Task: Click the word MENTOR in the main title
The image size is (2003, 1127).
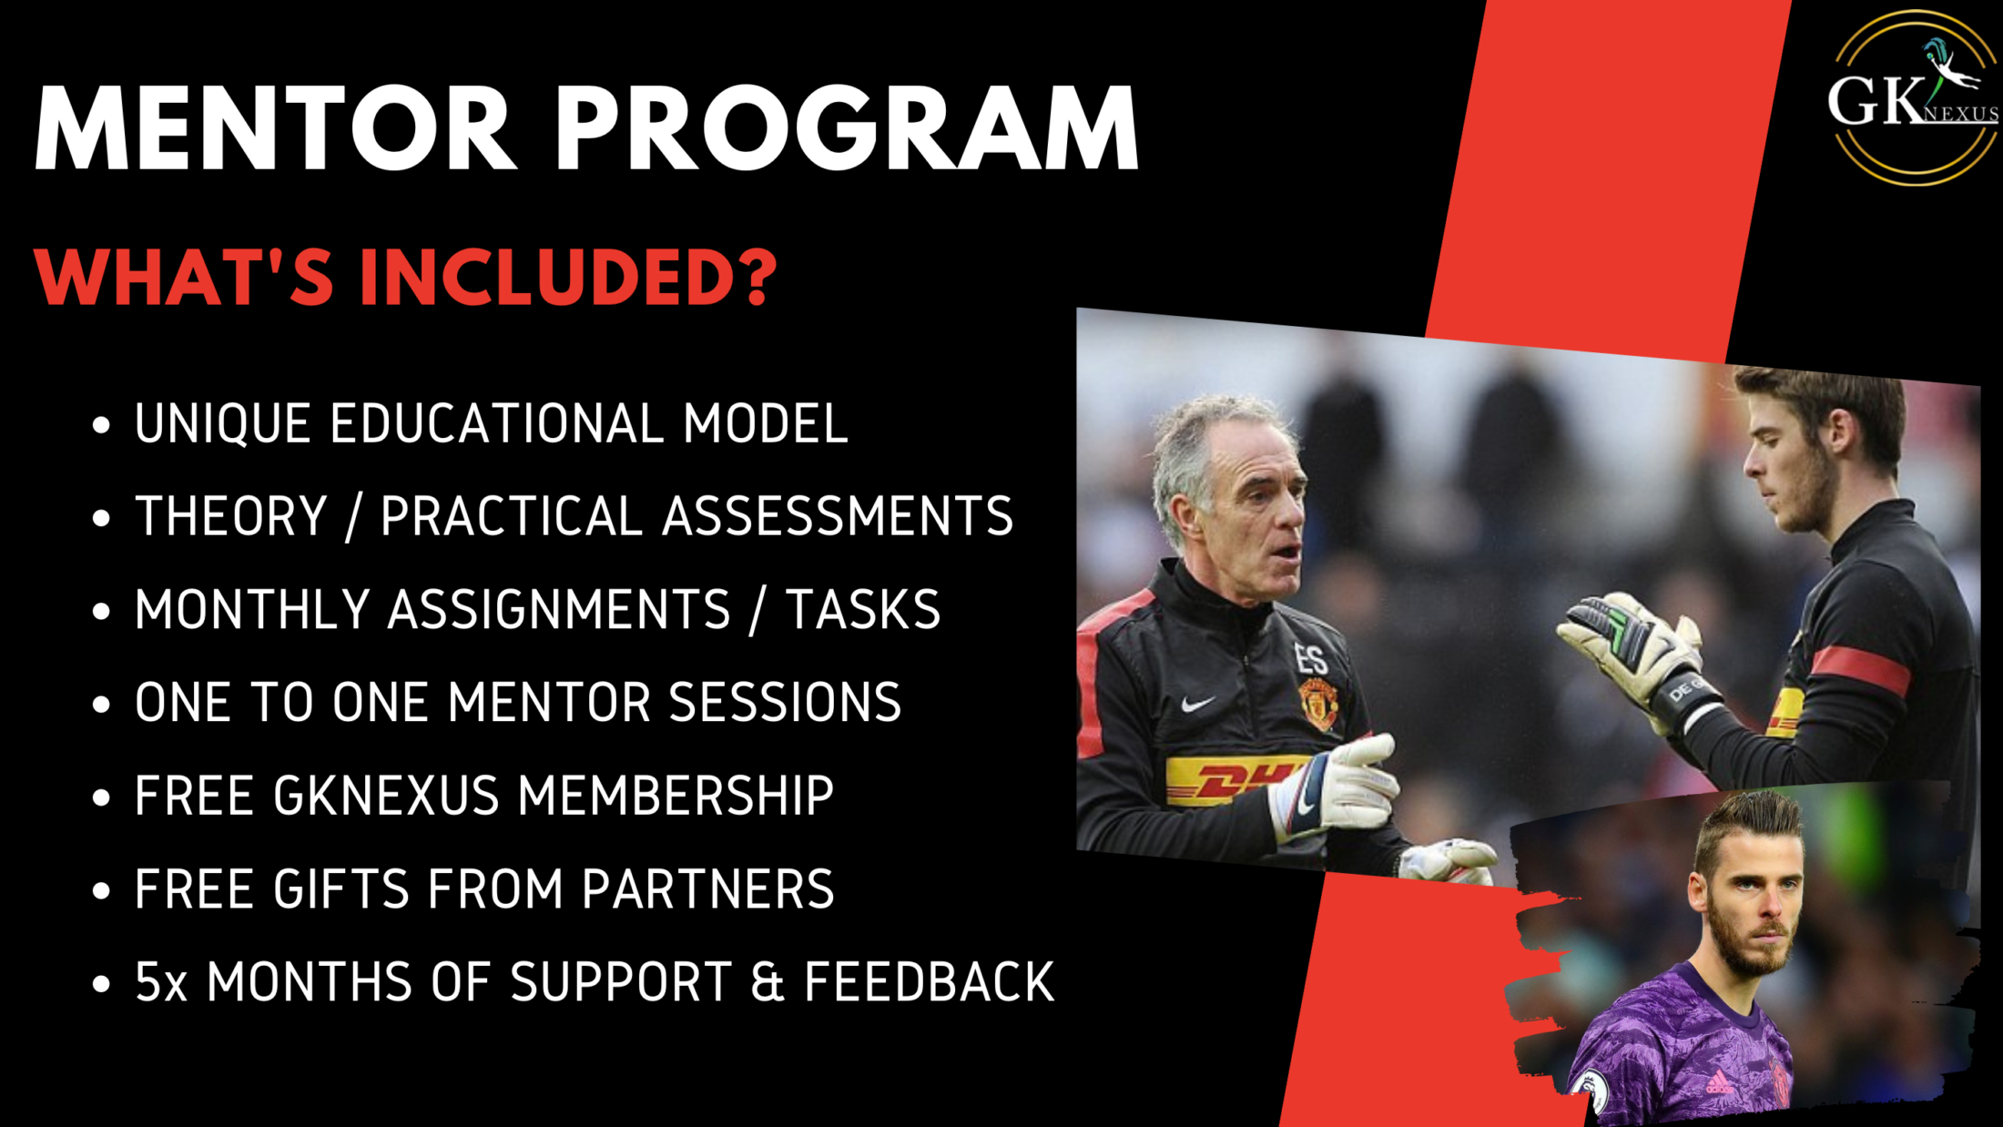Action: tap(276, 128)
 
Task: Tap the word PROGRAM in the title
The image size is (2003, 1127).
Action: tap(848, 128)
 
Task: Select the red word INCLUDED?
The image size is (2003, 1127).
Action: tap(568, 277)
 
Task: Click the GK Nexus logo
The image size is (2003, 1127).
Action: tap(1913, 97)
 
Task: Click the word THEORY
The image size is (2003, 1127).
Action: tap(231, 516)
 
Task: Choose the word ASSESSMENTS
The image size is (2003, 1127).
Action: tap(838, 516)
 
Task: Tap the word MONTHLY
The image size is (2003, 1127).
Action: tap(251, 609)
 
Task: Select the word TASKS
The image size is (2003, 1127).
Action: tap(863, 609)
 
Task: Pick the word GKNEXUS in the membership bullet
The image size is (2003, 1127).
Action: tap(386, 796)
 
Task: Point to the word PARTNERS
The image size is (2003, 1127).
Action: tap(707, 888)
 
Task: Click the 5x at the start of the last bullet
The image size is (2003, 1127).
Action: tap(161, 982)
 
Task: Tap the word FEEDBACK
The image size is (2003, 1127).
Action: tap(930, 982)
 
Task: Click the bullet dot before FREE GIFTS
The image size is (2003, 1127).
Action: tap(101, 890)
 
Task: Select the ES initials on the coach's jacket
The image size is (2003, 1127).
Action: tap(1312, 657)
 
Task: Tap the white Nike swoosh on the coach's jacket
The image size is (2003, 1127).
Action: tap(1197, 704)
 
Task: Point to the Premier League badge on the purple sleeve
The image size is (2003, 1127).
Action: tap(1591, 1093)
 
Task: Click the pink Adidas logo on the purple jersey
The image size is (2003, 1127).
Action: tap(1718, 1082)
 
